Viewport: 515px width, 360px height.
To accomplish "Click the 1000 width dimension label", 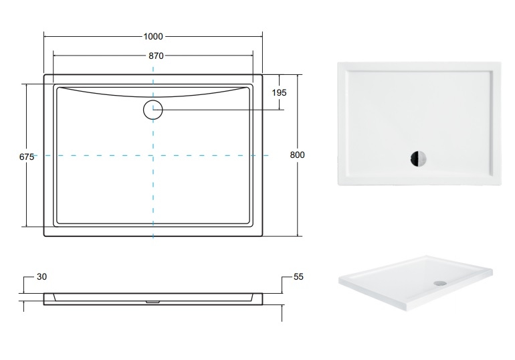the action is [x=153, y=36].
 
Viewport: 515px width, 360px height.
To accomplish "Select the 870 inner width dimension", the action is [x=156, y=56].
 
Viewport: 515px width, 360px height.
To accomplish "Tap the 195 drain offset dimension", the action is [x=279, y=92].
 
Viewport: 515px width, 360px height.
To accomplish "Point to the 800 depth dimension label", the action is [x=297, y=155].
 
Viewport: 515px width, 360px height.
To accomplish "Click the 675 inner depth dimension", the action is [x=27, y=157].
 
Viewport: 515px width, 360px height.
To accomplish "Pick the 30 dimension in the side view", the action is [x=41, y=277].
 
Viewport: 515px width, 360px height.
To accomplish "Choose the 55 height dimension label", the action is [x=298, y=277].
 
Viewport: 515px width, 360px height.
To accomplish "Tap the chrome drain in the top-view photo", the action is [x=418, y=159].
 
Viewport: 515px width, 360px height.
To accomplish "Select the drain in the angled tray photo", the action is [x=440, y=282].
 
